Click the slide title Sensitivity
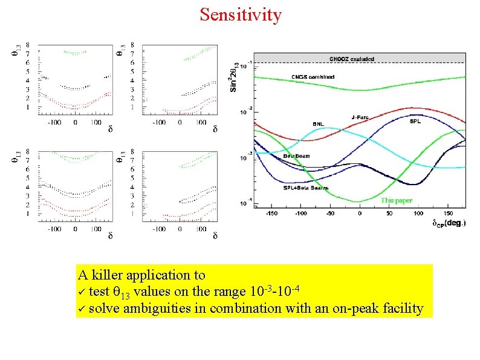(241, 14)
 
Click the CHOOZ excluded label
(351, 59)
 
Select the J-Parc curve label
(361, 117)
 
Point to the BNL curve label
(318, 124)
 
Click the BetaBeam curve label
(296, 156)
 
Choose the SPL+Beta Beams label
(306, 188)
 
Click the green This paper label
(396, 200)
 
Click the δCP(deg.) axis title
(449, 223)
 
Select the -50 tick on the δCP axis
(330, 214)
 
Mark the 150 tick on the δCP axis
(449, 214)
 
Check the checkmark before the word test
(82, 292)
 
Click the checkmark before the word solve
(82, 309)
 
